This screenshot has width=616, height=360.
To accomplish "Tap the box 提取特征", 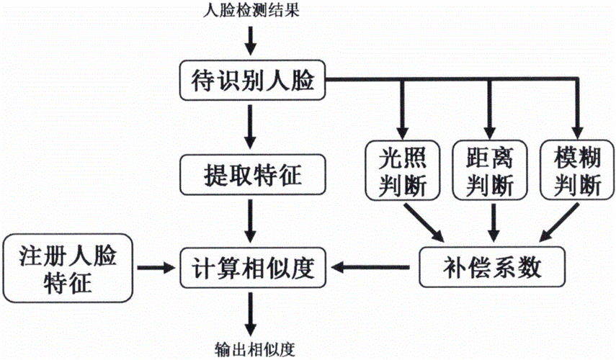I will (251, 174).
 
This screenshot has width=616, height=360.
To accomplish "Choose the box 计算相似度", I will (251, 269).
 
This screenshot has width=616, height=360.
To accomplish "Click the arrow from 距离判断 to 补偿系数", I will (492, 223).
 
